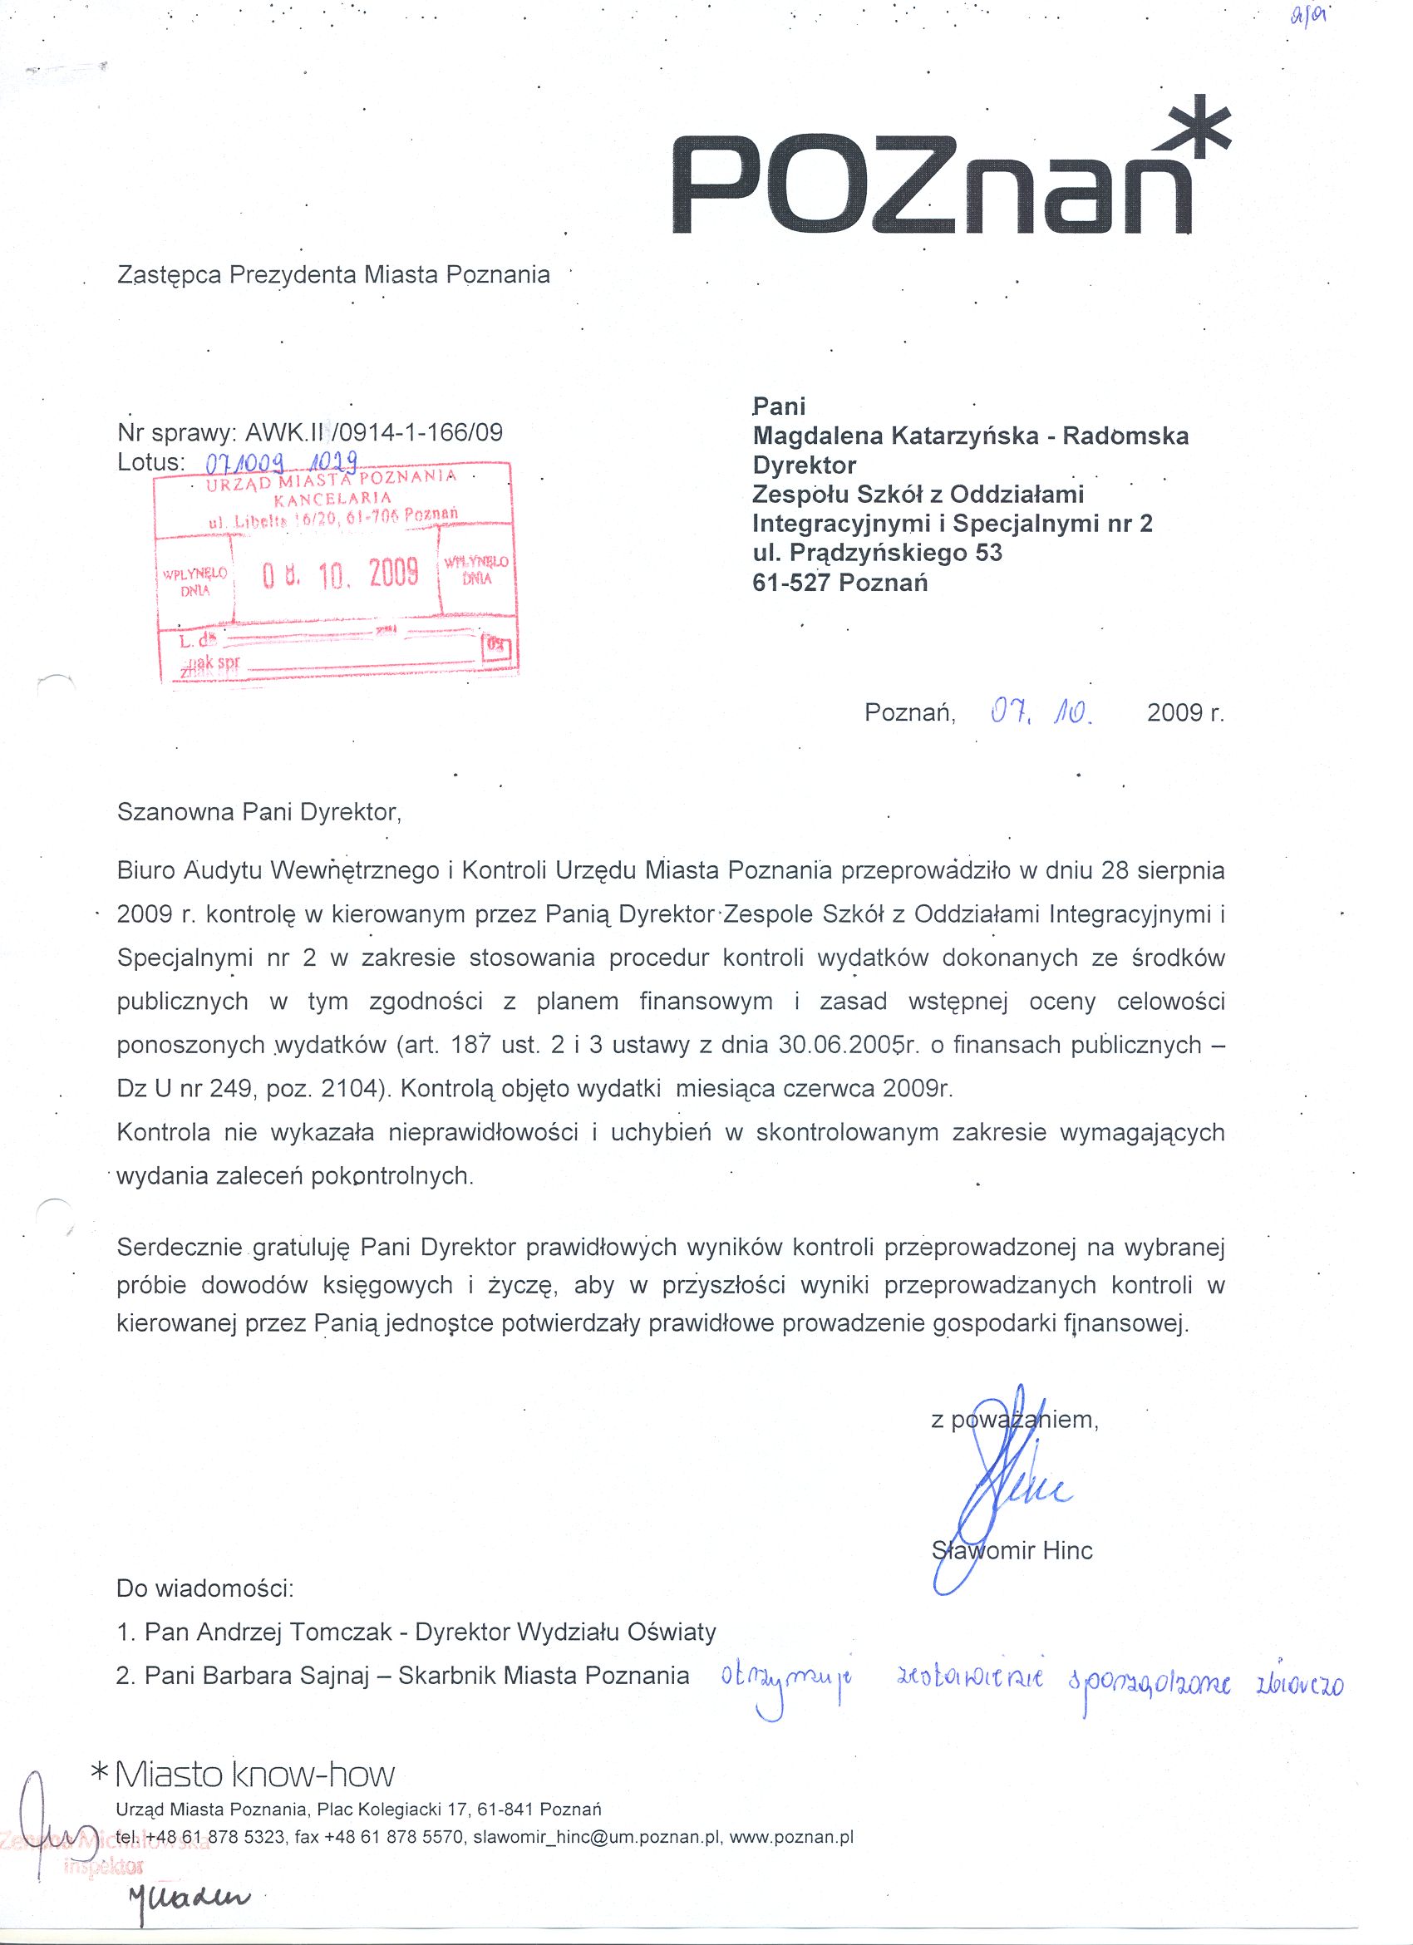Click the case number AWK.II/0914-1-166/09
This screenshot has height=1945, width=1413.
(x=373, y=431)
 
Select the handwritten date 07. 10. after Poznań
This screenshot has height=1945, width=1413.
(x=1040, y=712)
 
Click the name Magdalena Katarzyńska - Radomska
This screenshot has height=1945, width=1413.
(x=970, y=436)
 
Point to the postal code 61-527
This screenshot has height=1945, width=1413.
(x=790, y=583)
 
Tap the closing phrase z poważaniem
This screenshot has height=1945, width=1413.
(x=1014, y=1420)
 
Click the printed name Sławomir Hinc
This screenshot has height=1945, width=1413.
(x=1012, y=1550)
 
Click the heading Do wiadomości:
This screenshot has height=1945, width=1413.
(x=205, y=1588)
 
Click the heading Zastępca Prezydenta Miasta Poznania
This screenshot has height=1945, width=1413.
(x=333, y=274)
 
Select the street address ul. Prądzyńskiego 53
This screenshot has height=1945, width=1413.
(x=877, y=553)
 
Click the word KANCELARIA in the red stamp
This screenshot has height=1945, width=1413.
(x=332, y=497)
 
